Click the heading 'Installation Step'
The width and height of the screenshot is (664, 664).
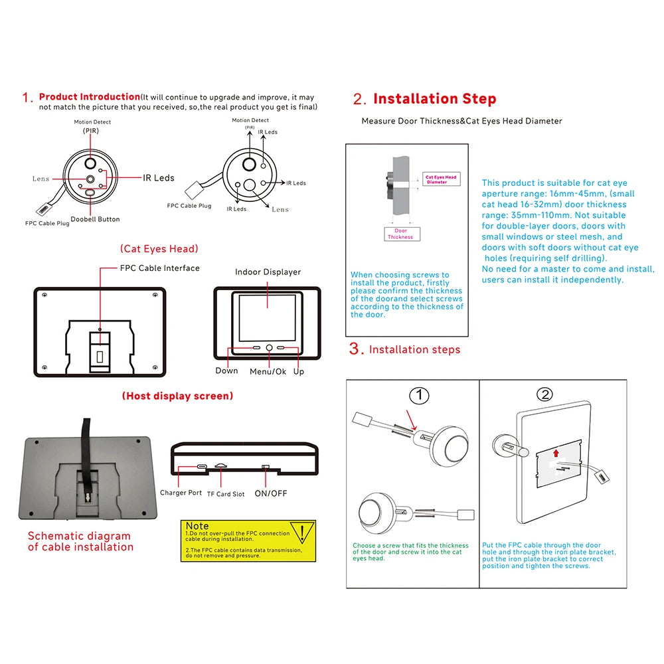pos(434,99)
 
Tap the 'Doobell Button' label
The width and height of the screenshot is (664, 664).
pos(95,219)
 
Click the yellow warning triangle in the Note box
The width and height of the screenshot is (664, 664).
pos(303,533)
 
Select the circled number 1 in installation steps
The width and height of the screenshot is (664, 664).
pos(418,396)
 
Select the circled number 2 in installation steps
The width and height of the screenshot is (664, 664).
pos(544,394)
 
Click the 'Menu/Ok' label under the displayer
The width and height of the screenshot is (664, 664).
pos(268,372)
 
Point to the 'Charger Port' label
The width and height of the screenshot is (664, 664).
pos(181,493)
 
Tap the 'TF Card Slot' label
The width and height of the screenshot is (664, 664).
pos(225,494)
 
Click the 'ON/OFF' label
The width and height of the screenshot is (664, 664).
pos(271,493)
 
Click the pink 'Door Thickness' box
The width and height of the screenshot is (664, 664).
pos(400,234)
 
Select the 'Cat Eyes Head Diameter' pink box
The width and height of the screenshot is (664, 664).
pos(441,179)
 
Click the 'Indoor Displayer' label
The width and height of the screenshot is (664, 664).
pos(268,272)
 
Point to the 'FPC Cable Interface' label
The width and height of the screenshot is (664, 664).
pos(159,268)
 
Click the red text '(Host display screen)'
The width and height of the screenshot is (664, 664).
pos(177,396)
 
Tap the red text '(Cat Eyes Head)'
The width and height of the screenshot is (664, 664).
pos(159,248)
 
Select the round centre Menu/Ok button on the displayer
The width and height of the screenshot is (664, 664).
pos(269,347)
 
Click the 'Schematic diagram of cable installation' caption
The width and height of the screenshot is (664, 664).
pos(80,541)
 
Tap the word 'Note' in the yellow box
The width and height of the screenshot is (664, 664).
pos(197,526)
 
